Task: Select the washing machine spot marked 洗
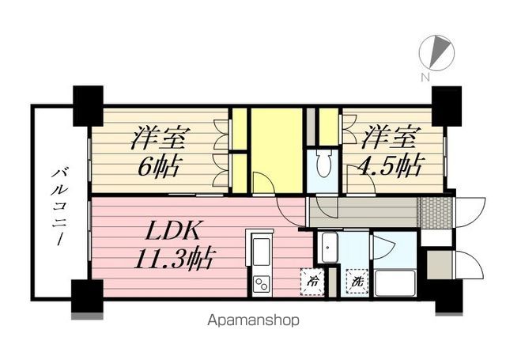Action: click(x=357, y=281)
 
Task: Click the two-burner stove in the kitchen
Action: click(x=262, y=284)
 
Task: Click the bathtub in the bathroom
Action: click(x=395, y=283)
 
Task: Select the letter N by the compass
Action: click(x=425, y=77)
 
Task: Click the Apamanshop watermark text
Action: click(x=253, y=320)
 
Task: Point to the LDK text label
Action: click(x=171, y=231)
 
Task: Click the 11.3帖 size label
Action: click(x=174, y=260)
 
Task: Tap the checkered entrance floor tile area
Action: click(x=435, y=212)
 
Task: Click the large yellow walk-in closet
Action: click(x=277, y=150)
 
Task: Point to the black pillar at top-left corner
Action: click(x=88, y=105)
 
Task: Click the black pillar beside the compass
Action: click(x=447, y=106)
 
